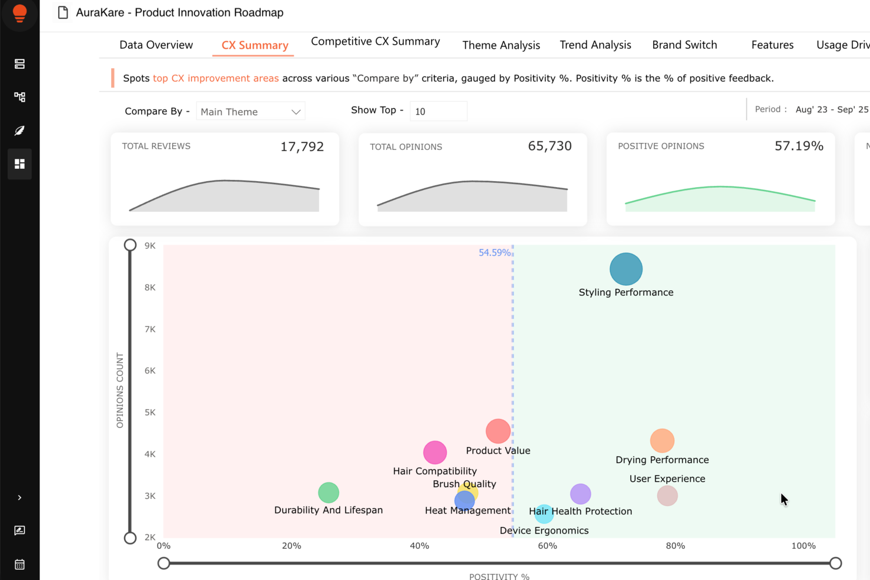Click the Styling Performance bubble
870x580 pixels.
coord(626,269)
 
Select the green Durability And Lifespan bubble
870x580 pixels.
coord(329,492)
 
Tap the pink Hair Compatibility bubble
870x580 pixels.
coord(435,452)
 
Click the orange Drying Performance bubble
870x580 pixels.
coord(662,441)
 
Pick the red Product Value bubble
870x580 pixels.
coord(498,431)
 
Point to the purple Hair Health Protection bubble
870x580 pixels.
coord(581,493)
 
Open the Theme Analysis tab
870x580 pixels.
coord(501,45)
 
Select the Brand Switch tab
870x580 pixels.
coord(684,45)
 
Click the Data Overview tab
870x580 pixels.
coord(156,45)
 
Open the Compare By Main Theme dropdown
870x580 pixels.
coord(250,111)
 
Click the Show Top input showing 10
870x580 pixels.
coord(438,111)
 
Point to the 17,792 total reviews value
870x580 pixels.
coord(302,146)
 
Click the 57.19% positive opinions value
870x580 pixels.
coord(798,146)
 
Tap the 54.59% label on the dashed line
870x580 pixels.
coord(494,253)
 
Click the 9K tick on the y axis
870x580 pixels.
coord(150,246)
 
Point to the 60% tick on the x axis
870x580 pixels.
coord(547,546)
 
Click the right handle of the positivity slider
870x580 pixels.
coord(835,563)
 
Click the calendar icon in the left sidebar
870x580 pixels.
coord(19,565)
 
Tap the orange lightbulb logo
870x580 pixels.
coord(19,13)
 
